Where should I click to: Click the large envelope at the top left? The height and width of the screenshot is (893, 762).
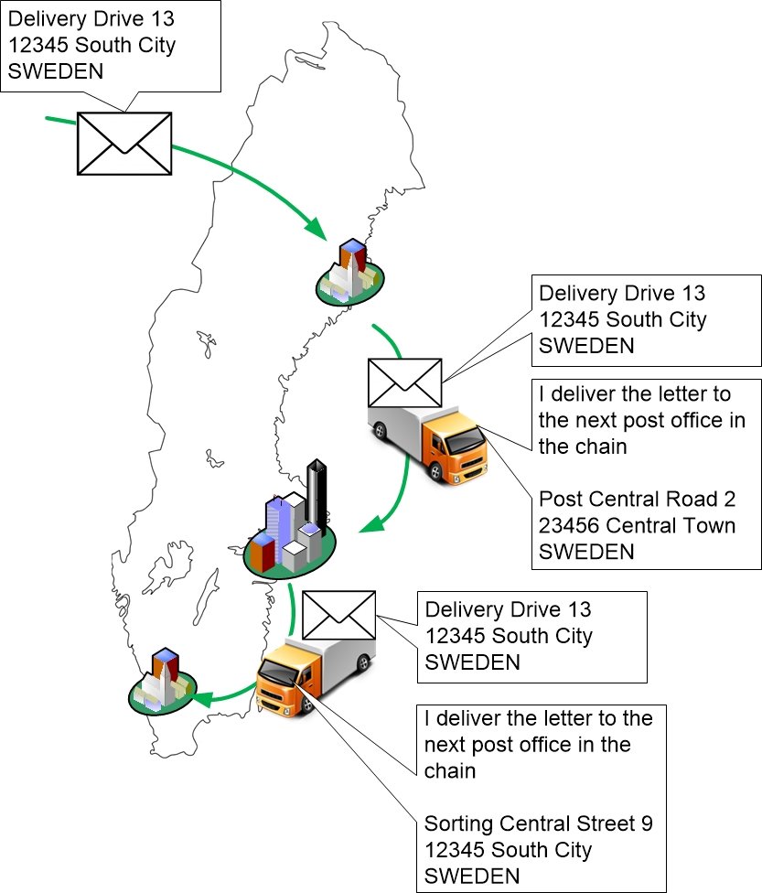click(123, 143)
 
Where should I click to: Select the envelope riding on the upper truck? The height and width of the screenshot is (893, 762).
click(404, 382)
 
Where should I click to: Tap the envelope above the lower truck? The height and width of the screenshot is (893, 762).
click(338, 616)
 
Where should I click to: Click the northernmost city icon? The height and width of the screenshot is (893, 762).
click(350, 273)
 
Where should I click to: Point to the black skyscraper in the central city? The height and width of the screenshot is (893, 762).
click(317, 494)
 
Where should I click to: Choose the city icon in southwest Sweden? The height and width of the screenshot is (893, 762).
click(163, 683)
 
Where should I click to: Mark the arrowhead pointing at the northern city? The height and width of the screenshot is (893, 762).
click(317, 228)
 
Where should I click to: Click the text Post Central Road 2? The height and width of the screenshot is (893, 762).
click(637, 500)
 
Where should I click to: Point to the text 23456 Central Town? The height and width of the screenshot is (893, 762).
click(637, 526)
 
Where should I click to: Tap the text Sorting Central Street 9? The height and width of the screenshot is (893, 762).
click(538, 823)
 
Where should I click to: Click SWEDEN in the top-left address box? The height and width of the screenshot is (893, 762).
click(55, 70)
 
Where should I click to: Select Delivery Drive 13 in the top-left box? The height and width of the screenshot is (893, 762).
click(91, 19)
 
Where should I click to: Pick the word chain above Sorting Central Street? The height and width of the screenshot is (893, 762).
click(449, 770)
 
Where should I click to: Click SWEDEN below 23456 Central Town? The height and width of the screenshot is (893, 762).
click(585, 552)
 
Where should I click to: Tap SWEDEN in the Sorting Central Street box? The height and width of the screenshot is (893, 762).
click(472, 875)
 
